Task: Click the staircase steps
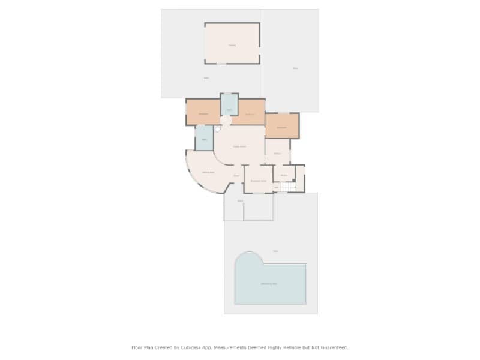pyautogui.click(x=289, y=187)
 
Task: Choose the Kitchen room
pyautogui.click(x=277, y=152)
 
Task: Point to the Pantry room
pyautogui.click(x=284, y=175)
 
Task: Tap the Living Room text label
pyautogui.click(x=239, y=146)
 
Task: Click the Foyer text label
pyautogui.click(x=236, y=176)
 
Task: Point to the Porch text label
pyautogui.click(x=240, y=200)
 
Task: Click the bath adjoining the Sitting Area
pyautogui.click(x=204, y=139)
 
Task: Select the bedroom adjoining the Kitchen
pyautogui.click(x=282, y=127)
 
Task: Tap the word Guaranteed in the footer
pyautogui.click(x=335, y=347)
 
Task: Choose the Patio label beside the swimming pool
pyautogui.click(x=275, y=251)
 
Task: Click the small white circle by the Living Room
pyautogui.click(x=217, y=129)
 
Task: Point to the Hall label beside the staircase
pyautogui.click(x=276, y=187)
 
